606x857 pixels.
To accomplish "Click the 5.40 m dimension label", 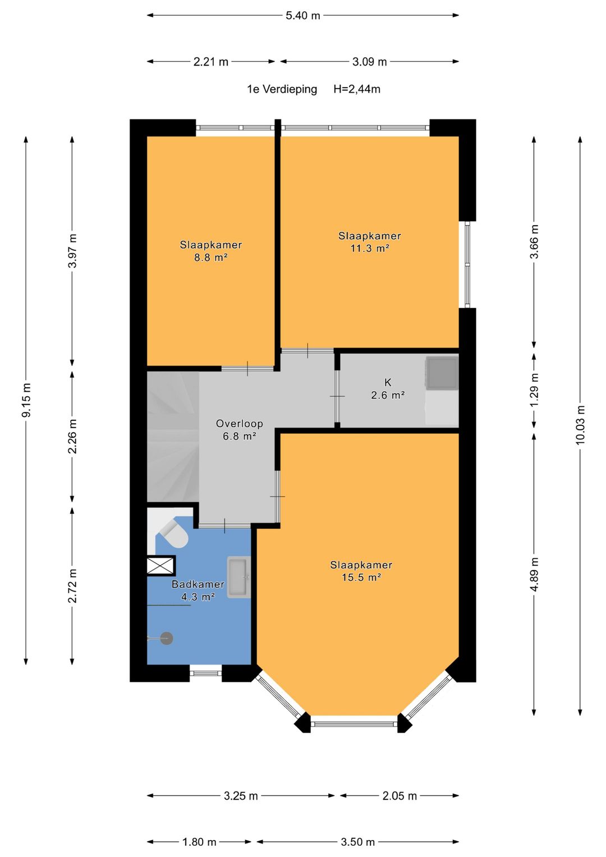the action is pos(302,16).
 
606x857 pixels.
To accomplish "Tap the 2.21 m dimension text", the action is pos(211,62).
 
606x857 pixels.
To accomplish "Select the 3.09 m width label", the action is pos(370,62).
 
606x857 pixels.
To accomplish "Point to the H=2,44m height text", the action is pos(356,89).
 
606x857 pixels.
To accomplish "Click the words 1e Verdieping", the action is pos(282,90).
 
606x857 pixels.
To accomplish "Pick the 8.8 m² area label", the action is pos(211,258).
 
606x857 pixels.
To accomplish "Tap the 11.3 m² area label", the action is pos(370,248).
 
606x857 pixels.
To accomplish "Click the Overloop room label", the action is pos(240,424).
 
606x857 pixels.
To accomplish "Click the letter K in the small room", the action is pos(388,382).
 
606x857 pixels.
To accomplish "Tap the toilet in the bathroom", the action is pos(174,533).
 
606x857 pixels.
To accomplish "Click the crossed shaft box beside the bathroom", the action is pos(161,566).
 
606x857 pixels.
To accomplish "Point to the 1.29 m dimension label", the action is pos(534,390).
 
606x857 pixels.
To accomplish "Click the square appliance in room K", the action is pos(442,373).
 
